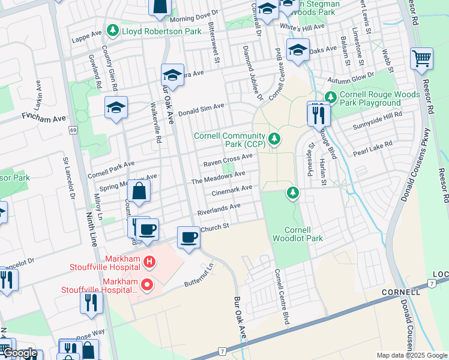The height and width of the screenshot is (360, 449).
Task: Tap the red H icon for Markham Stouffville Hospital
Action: coord(150,262)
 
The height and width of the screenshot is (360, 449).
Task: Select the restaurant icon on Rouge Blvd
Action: coord(318,113)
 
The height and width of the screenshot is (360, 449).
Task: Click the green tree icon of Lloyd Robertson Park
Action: coord(112,30)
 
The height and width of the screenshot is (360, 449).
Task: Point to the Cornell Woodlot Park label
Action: coord(303,234)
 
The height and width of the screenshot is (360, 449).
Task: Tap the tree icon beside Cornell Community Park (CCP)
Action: coord(274,139)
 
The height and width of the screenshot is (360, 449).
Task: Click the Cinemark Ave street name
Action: coord(232,191)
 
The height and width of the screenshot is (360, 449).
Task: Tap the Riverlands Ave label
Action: coord(219,209)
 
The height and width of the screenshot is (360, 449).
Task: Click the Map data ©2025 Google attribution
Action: coord(411,355)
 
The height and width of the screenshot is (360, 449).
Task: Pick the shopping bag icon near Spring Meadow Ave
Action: coord(139,192)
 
